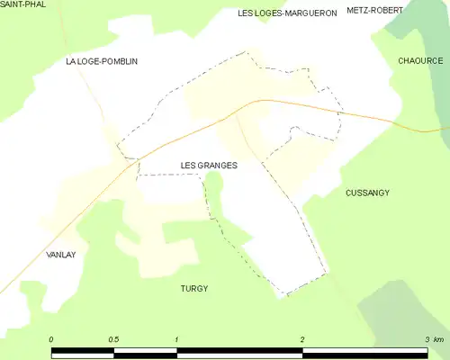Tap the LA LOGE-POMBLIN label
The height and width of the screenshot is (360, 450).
(x=102, y=61)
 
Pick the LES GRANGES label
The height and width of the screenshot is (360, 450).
(x=209, y=166)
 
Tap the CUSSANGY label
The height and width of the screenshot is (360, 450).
(x=367, y=193)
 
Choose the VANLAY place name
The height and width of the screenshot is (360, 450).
(x=60, y=255)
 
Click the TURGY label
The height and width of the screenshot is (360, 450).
(x=193, y=288)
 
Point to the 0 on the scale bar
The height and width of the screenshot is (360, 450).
(x=51, y=339)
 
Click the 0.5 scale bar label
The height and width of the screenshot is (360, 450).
(x=113, y=339)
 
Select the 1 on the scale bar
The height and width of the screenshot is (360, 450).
(x=177, y=339)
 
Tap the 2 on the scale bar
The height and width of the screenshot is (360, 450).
(x=302, y=339)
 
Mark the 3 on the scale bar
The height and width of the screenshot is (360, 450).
(x=427, y=339)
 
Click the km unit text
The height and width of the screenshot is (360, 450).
(x=438, y=339)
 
